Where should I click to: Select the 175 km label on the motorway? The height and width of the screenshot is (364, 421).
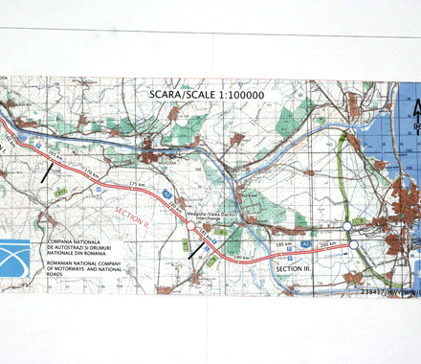(x=142, y=183)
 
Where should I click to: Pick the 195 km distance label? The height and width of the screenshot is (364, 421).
(x=281, y=244)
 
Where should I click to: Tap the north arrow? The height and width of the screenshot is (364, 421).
(x=414, y=120)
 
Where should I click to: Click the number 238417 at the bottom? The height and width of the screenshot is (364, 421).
(x=373, y=290)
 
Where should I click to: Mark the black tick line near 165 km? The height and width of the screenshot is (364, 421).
(x=47, y=171)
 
